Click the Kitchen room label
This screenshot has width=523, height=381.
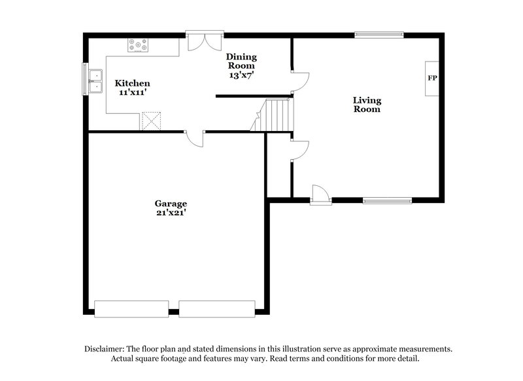(x=133, y=84)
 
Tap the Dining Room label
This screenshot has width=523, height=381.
(x=241, y=61)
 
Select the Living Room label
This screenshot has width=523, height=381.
(x=367, y=105)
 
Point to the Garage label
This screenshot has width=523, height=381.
(x=171, y=203)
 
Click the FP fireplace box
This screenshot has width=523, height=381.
(x=432, y=79)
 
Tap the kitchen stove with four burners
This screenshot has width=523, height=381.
(x=138, y=46)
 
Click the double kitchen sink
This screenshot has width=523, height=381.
(x=95, y=79)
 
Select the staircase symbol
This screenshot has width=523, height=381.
(x=273, y=115)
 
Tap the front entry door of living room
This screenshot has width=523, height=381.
(x=320, y=194)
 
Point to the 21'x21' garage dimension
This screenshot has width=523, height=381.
(x=171, y=213)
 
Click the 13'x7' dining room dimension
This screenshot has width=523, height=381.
(x=241, y=75)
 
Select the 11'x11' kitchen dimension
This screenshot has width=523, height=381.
(x=133, y=93)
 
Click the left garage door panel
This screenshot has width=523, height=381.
(x=131, y=308)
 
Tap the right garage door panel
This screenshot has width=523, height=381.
(x=216, y=308)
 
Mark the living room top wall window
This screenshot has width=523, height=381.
(x=379, y=35)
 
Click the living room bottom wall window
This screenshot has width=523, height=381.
(x=388, y=200)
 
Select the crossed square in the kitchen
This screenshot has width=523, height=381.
(x=151, y=121)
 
